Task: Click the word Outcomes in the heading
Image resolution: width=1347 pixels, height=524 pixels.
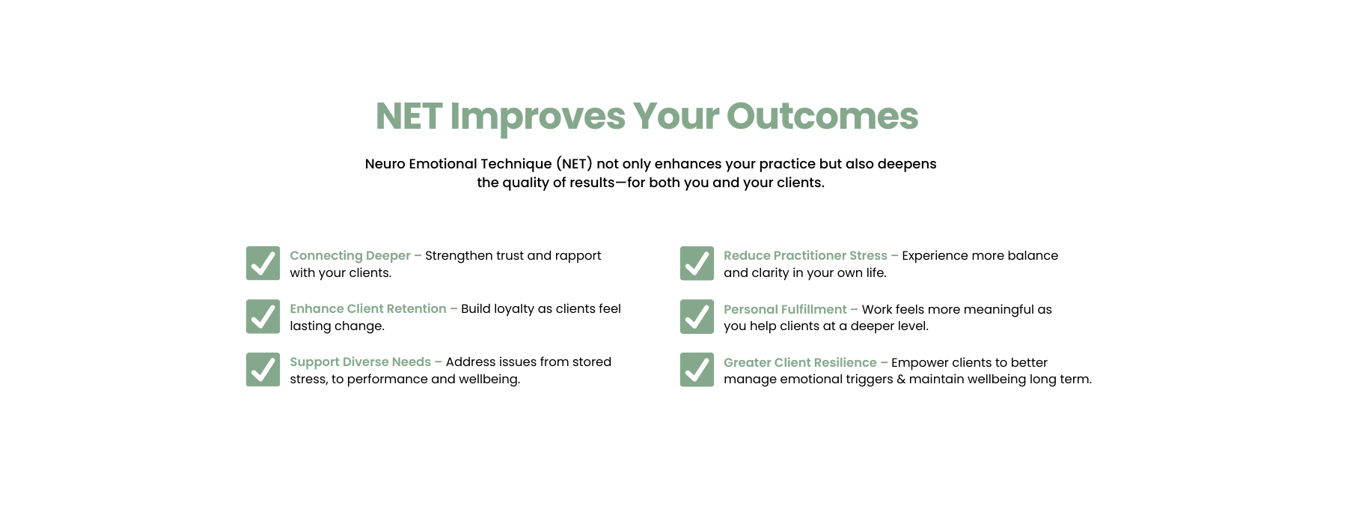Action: pyautogui.click(x=822, y=116)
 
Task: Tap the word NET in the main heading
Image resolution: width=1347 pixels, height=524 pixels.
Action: pyautogui.click(x=409, y=116)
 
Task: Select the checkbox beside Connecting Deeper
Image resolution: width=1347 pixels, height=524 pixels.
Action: pyautogui.click(x=263, y=263)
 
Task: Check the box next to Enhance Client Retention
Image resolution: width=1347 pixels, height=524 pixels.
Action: pyautogui.click(x=263, y=317)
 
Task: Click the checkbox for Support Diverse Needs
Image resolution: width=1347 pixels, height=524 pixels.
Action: pyautogui.click(x=263, y=370)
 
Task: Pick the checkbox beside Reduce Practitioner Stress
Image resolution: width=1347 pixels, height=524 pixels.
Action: pyautogui.click(x=697, y=263)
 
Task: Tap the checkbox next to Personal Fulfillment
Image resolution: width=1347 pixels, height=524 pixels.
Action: pyautogui.click(x=697, y=317)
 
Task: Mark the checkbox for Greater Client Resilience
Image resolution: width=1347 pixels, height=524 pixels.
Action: pyautogui.click(x=697, y=370)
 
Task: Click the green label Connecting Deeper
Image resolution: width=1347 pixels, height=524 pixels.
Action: pyautogui.click(x=350, y=256)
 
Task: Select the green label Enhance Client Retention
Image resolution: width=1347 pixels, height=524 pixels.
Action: pyautogui.click(x=368, y=308)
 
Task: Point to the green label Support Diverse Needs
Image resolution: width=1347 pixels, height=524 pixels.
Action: pyautogui.click(x=361, y=362)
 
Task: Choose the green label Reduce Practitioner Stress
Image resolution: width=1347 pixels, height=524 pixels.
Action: pyautogui.click(x=805, y=256)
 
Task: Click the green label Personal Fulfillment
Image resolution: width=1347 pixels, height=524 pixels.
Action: pyautogui.click(x=785, y=309)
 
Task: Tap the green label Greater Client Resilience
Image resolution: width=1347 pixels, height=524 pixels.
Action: pyautogui.click(x=800, y=362)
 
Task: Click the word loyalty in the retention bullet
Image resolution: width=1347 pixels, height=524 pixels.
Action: pyautogui.click(x=510, y=309)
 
